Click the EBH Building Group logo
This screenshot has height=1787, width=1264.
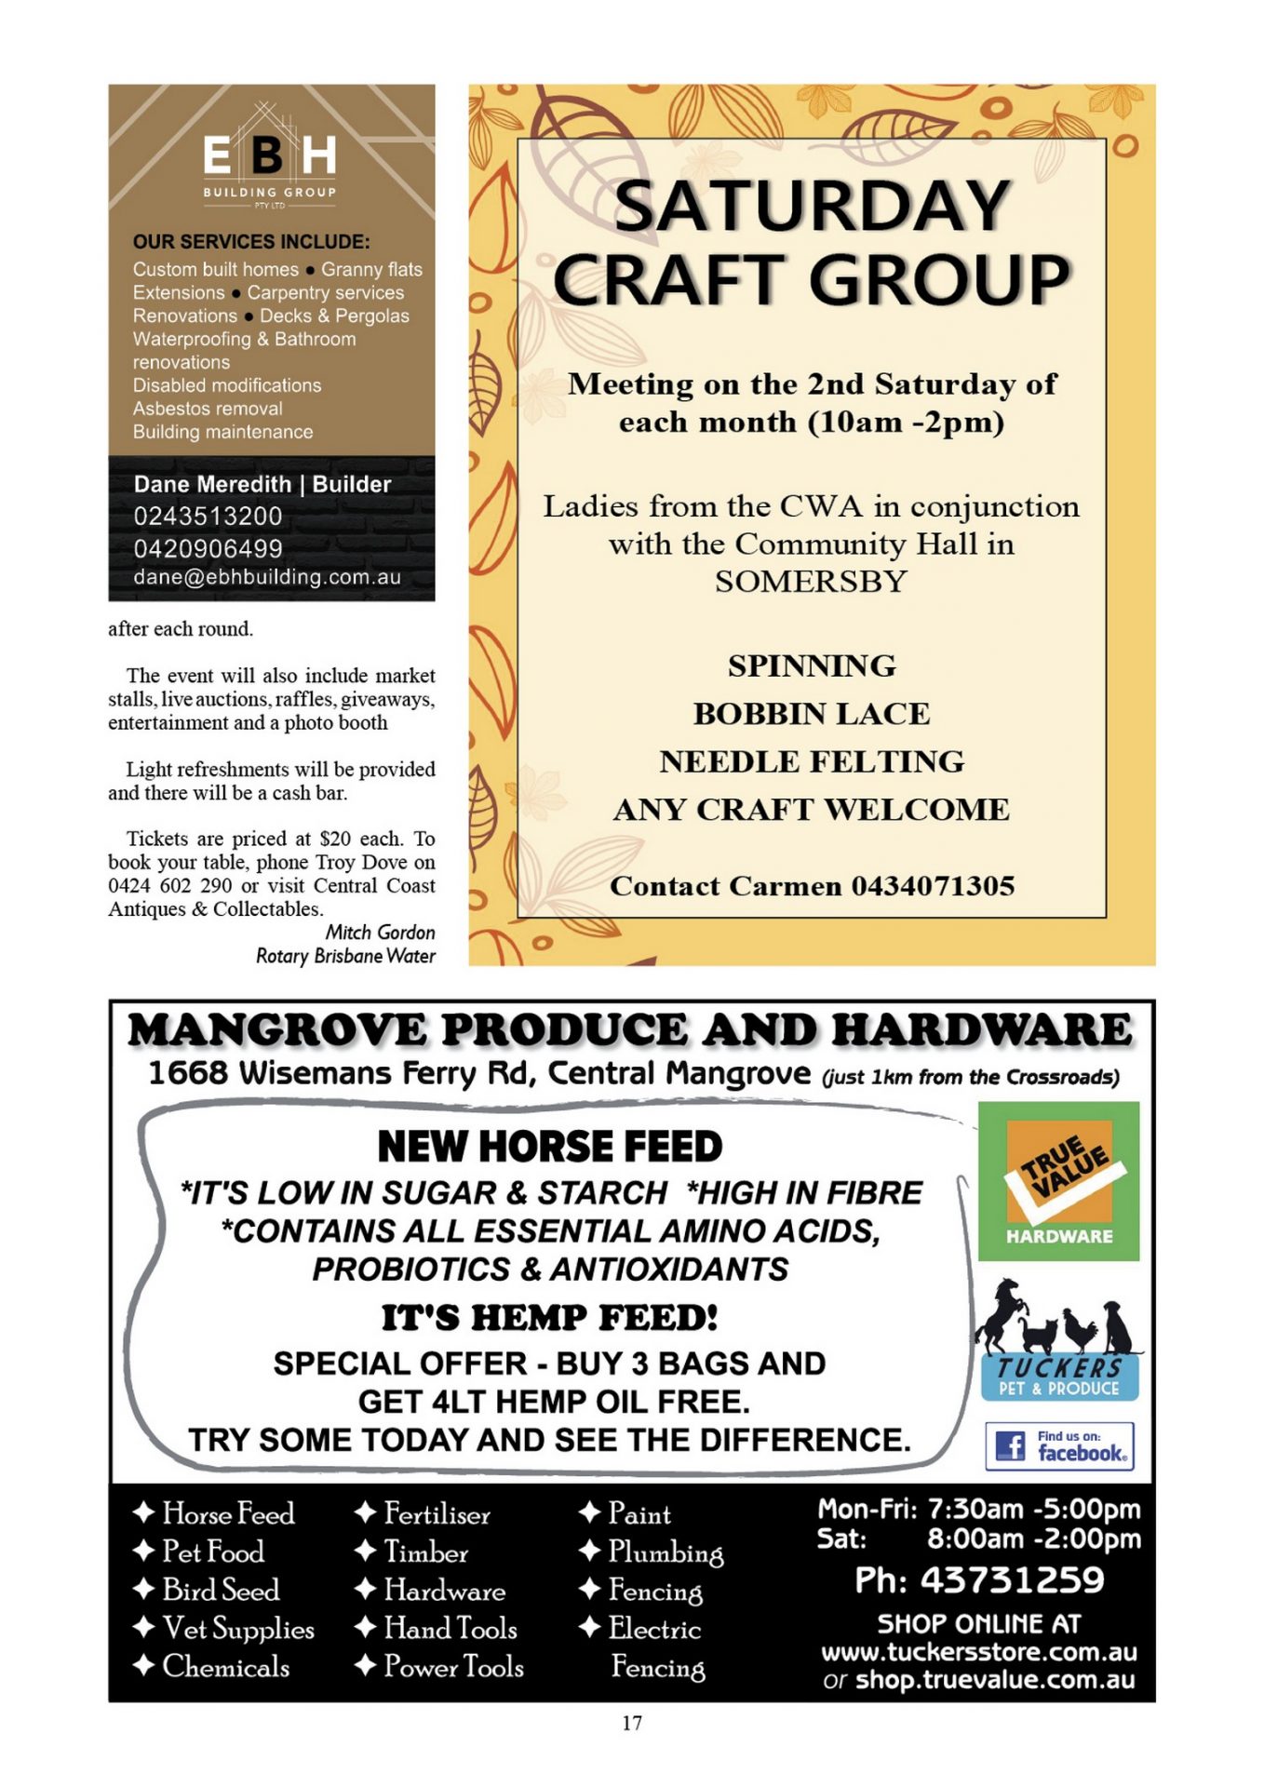click(269, 158)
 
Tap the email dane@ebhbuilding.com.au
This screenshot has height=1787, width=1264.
click(267, 577)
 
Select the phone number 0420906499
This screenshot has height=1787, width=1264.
click(208, 548)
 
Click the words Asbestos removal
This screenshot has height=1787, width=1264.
click(208, 409)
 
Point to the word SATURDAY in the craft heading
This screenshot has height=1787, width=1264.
click(812, 206)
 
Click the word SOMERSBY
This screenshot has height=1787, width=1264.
click(811, 582)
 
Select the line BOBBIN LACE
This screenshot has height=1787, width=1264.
click(811, 714)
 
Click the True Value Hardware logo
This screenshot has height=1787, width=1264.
click(1058, 1180)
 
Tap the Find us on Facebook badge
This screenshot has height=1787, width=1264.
click(1059, 1445)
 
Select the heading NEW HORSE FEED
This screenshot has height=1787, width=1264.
click(549, 1147)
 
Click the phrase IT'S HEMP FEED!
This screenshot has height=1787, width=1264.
click(549, 1318)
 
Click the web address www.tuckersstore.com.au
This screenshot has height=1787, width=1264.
click(978, 1652)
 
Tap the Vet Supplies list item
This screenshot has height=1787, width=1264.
click(237, 1629)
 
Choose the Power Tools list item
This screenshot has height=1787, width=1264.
click(453, 1667)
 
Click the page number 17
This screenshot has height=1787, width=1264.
click(632, 1724)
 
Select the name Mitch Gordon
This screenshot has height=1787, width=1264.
click(380, 933)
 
